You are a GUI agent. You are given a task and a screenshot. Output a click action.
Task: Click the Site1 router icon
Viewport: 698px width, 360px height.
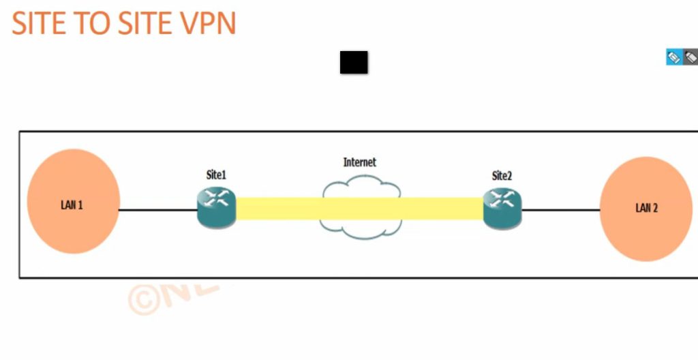pos(216,207)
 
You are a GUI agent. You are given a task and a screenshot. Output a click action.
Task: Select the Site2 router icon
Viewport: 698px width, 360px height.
pos(502,207)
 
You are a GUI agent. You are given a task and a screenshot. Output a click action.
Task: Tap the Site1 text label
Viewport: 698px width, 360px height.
pos(216,175)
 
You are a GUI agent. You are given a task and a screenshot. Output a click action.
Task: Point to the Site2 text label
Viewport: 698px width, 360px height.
pos(502,176)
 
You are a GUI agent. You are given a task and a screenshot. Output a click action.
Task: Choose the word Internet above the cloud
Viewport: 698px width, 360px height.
pos(359,162)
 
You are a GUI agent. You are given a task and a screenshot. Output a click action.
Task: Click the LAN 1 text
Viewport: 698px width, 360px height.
pos(72,205)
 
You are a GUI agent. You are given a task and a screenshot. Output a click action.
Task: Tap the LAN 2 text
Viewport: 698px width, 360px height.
pos(646,208)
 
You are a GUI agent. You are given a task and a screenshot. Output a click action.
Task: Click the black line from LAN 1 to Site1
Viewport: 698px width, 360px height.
pos(158,210)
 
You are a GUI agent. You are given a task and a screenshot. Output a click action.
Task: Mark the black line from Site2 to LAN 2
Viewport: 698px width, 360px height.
pos(560,210)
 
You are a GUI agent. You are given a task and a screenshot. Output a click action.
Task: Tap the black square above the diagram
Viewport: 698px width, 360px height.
pos(354,62)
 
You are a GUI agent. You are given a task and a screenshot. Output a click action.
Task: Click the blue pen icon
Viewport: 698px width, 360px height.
pos(673,57)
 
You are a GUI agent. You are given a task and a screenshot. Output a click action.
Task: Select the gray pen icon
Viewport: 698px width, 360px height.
pos(691,57)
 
